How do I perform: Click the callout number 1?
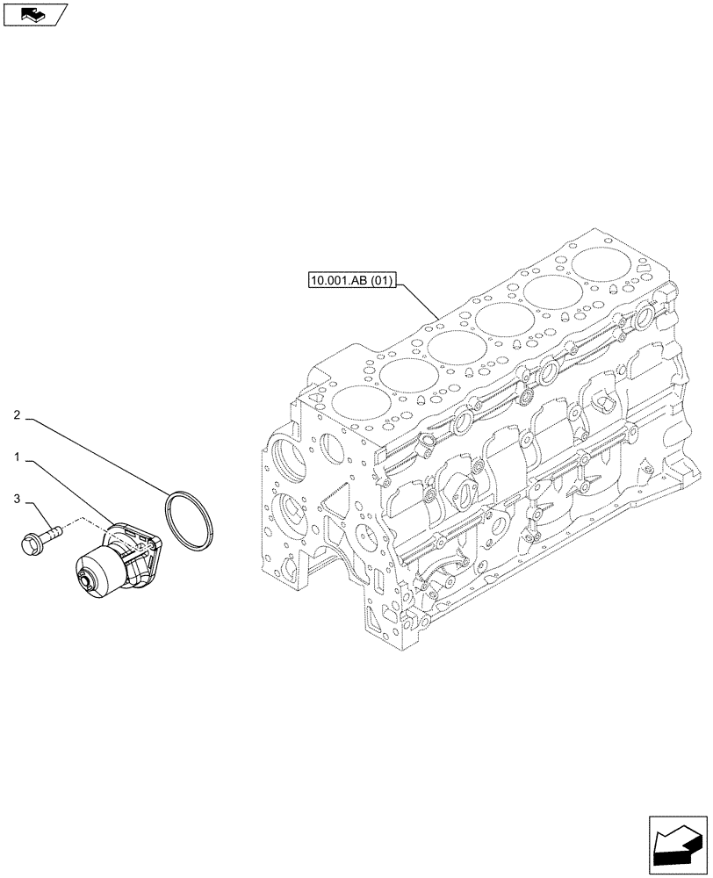point(18,457)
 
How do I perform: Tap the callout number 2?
point(18,414)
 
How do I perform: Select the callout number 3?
point(18,500)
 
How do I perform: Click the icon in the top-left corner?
point(34,14)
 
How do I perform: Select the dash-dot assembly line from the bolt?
point(83,522)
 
